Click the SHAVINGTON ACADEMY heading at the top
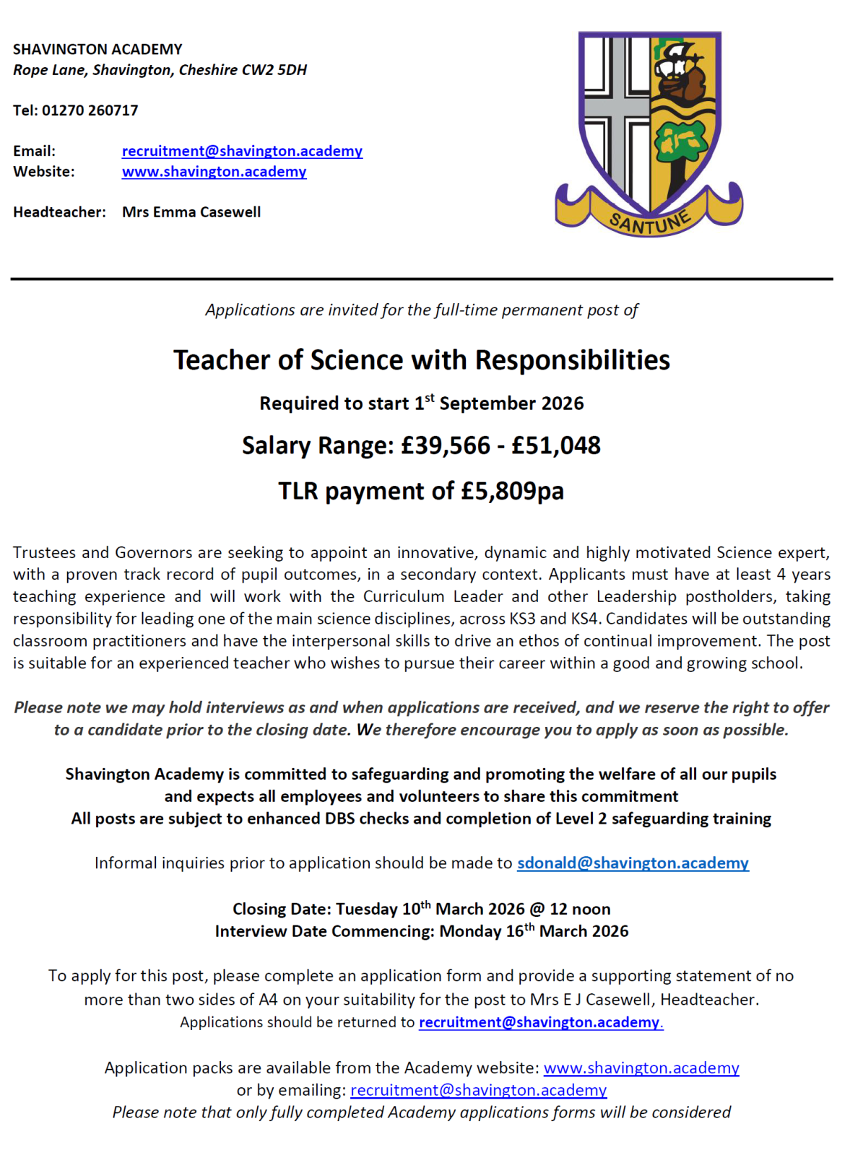pos(97,49)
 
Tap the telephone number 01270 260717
pos(90,110)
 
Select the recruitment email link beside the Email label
pos(242,151)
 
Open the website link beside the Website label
pos(214,172)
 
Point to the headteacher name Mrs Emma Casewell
pos(191,212)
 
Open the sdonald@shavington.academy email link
pos(633,863)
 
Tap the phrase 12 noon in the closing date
pos(580,910)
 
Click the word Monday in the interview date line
pos(469,932)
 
